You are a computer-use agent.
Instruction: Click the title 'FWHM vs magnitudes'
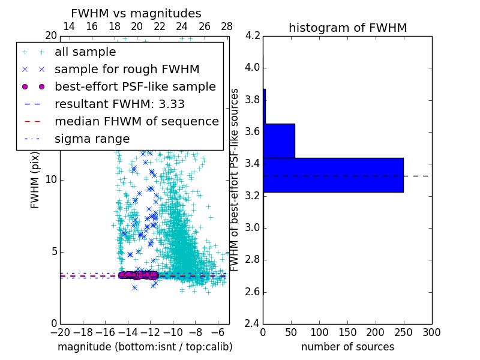[x=136, y=13]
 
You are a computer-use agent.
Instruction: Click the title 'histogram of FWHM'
[x=347, y=28]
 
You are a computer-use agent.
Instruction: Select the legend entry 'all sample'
[x=85, y=52]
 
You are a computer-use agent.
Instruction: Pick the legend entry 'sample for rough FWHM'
[x=127, y=69]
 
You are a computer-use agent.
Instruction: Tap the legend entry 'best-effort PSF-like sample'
[x=135, y=86]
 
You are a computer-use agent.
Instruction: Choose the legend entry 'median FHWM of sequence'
[x=136, y=121]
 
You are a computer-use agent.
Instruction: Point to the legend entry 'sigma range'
[x=92, y=139]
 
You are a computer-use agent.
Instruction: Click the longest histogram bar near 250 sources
[x=333, y=175]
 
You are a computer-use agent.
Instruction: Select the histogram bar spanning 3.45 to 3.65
[x=279, y=140]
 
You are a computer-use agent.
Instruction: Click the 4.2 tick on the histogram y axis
[x=253, y=35]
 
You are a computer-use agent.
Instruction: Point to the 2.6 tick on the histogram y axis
[x=253, y=292]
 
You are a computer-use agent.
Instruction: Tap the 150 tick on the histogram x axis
[x=347, y=332]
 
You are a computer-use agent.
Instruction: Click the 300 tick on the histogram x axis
[x=431, y=332]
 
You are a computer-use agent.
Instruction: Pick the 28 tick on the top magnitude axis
[x=227, y=26]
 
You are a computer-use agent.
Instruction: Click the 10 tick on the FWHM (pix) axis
[x=52, y=179]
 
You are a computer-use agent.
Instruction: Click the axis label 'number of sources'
[x=347, y=347]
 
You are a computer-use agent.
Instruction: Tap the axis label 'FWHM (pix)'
[x=35, y=179]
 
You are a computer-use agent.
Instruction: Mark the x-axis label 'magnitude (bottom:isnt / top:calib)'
[x=145, y=347]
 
